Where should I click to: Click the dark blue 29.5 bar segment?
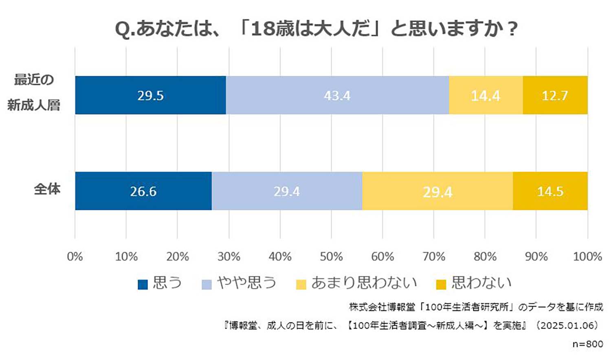(x=150, y=95)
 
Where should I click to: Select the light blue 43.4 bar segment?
(x=337, y=95)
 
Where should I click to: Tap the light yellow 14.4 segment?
(x=486, y=95)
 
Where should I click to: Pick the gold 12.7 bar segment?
(x=555, y=95)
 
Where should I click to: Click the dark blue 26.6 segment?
(x=143, y=191)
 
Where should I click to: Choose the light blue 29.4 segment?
(x=287, y=191)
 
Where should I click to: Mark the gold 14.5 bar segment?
(x=550, y=191)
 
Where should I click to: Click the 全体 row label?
(x=47, y=189)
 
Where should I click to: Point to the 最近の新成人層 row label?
(x=34, y=92)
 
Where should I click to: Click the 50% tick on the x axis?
(x=331, y=257)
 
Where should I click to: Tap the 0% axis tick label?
(x=75, y=257)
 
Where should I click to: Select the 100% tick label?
(x=587, y=257)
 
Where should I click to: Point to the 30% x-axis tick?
(x=229, y=257)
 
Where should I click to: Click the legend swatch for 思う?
(x=143, y=284)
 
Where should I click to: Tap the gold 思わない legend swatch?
(x=441, y=284)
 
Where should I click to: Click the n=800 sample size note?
(x=587, y=344)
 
